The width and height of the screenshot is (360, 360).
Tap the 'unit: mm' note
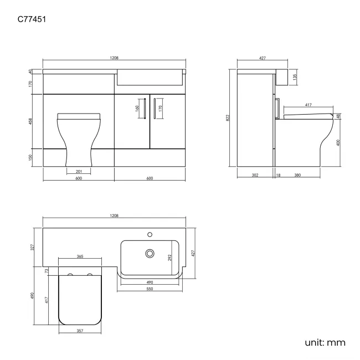[x=325, y=343]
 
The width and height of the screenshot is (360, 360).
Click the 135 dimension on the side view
[x=296, y=76]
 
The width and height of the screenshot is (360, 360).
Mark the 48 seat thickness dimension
[x=337, y=116]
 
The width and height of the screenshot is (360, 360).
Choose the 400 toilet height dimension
[x=337, y=142]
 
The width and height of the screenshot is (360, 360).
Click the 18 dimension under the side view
[x=278, y=176]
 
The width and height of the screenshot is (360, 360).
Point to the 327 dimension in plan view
[x=32, y=246]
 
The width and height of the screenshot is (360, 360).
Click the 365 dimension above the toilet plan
[x=80, y=256]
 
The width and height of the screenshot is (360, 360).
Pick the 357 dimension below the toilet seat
[x=80, y=331]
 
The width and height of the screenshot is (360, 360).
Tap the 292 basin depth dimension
[x=171, y=257]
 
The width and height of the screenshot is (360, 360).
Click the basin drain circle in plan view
[x=148, y=254]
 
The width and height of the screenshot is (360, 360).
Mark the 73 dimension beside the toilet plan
[x=47, y=271]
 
